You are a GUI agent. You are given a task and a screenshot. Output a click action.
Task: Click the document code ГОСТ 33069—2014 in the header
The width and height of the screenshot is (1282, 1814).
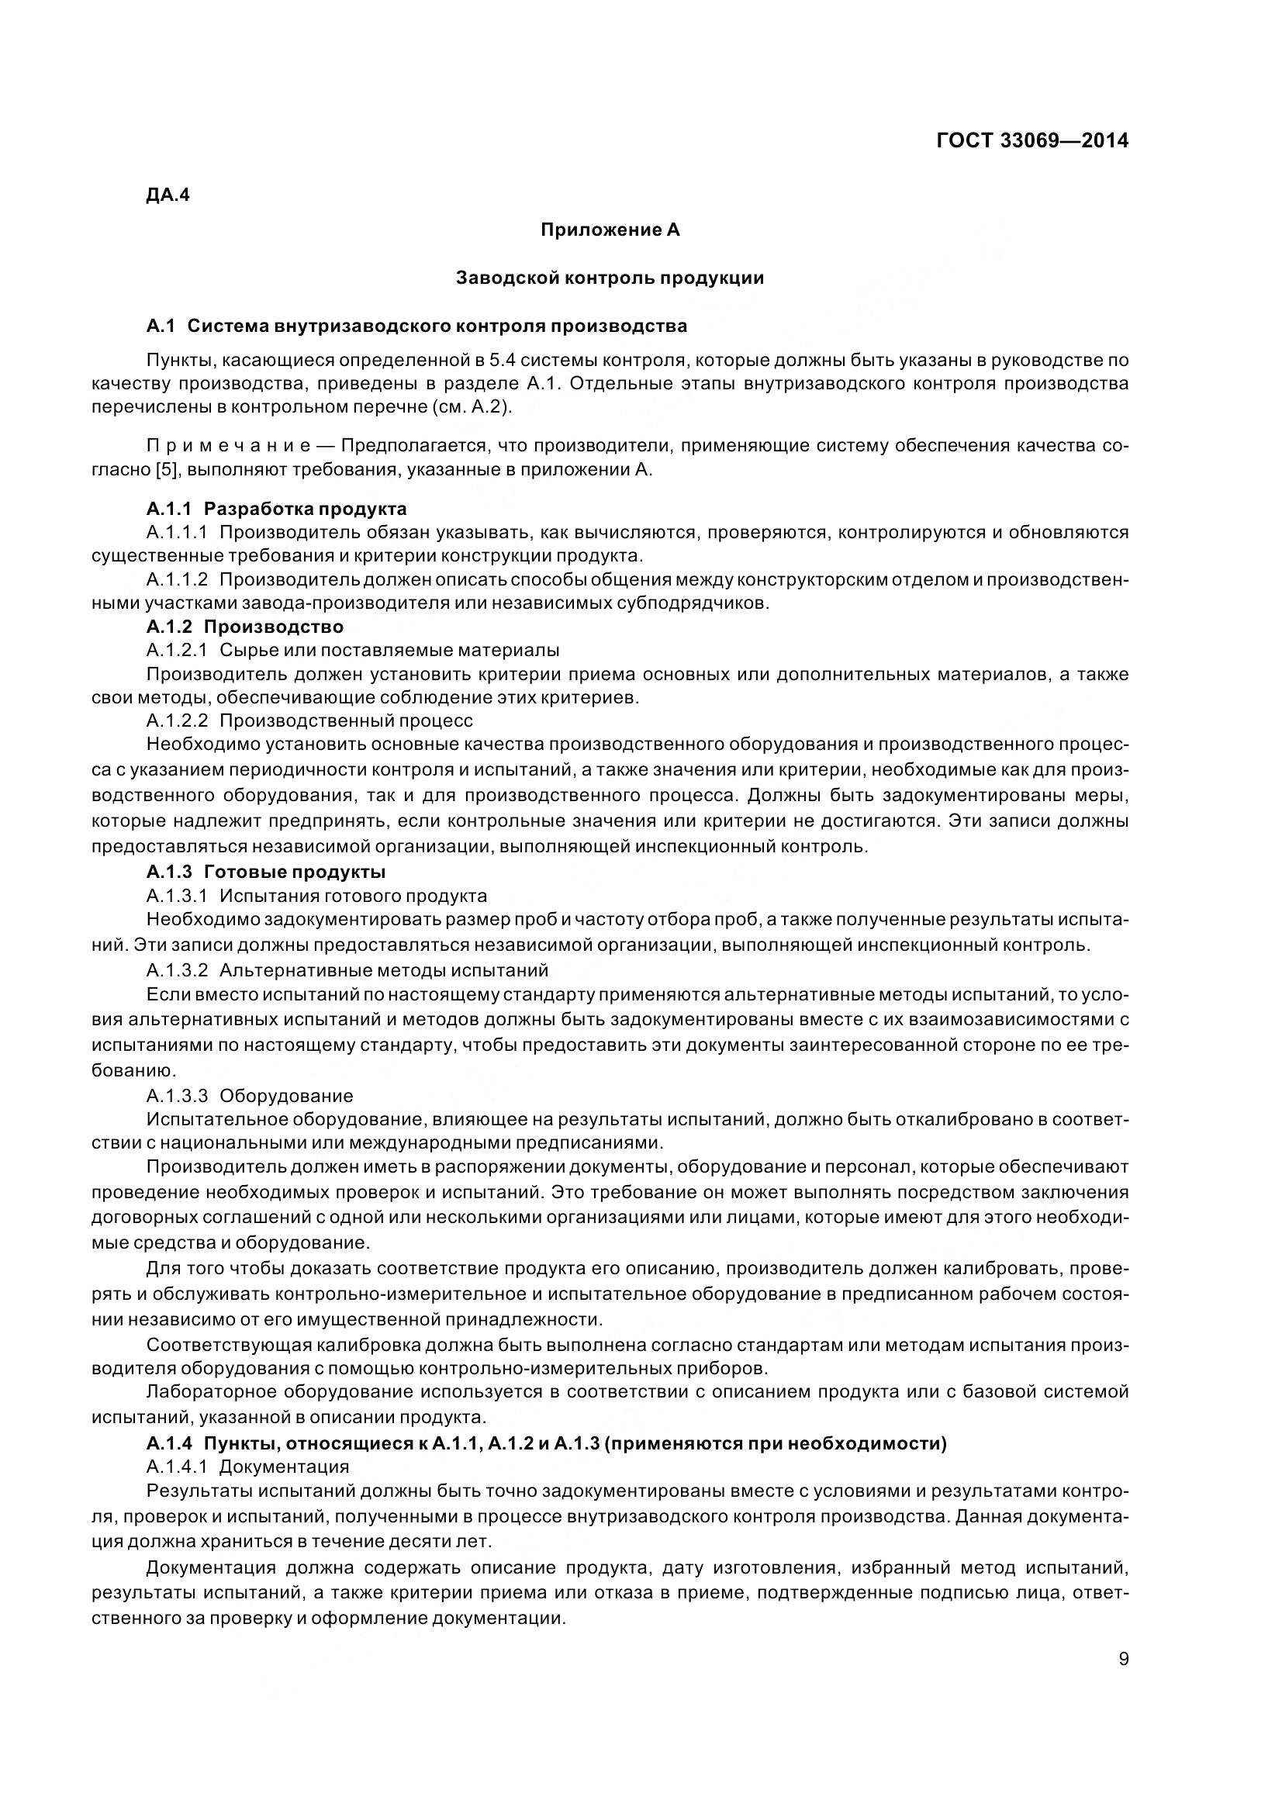[1031, 140]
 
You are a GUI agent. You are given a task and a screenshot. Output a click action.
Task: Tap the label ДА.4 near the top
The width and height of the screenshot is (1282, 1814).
[168, 195]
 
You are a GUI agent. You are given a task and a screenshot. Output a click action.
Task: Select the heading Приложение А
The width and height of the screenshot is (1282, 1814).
[610, 230]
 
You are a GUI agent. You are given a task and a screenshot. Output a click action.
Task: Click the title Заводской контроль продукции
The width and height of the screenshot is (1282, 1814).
[610, 278]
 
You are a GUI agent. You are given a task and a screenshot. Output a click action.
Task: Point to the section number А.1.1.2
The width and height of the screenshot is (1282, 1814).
[177, 580]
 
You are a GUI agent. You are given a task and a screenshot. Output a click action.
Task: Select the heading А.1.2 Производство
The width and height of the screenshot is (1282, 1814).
[245, 627]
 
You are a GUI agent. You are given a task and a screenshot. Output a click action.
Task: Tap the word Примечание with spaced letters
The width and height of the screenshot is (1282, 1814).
[230, 446]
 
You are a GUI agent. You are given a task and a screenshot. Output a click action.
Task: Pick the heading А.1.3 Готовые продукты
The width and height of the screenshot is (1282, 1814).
[266, 872]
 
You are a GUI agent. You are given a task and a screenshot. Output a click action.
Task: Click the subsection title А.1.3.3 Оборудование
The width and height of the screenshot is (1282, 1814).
[250, 1096]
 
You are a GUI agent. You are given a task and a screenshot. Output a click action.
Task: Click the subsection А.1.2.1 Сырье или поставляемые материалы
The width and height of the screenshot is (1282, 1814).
[353, 650]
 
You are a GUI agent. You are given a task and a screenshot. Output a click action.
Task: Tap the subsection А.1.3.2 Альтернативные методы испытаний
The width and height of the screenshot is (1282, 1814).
[347, 969]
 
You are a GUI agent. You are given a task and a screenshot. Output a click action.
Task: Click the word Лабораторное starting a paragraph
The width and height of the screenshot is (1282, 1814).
[209, 1391]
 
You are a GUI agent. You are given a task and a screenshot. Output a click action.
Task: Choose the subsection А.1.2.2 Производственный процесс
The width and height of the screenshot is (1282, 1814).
[309, 720]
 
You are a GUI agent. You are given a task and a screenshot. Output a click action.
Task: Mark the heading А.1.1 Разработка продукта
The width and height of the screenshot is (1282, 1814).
[276, 508]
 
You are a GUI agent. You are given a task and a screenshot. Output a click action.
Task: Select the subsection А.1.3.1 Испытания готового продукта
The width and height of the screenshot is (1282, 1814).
[316, 896]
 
